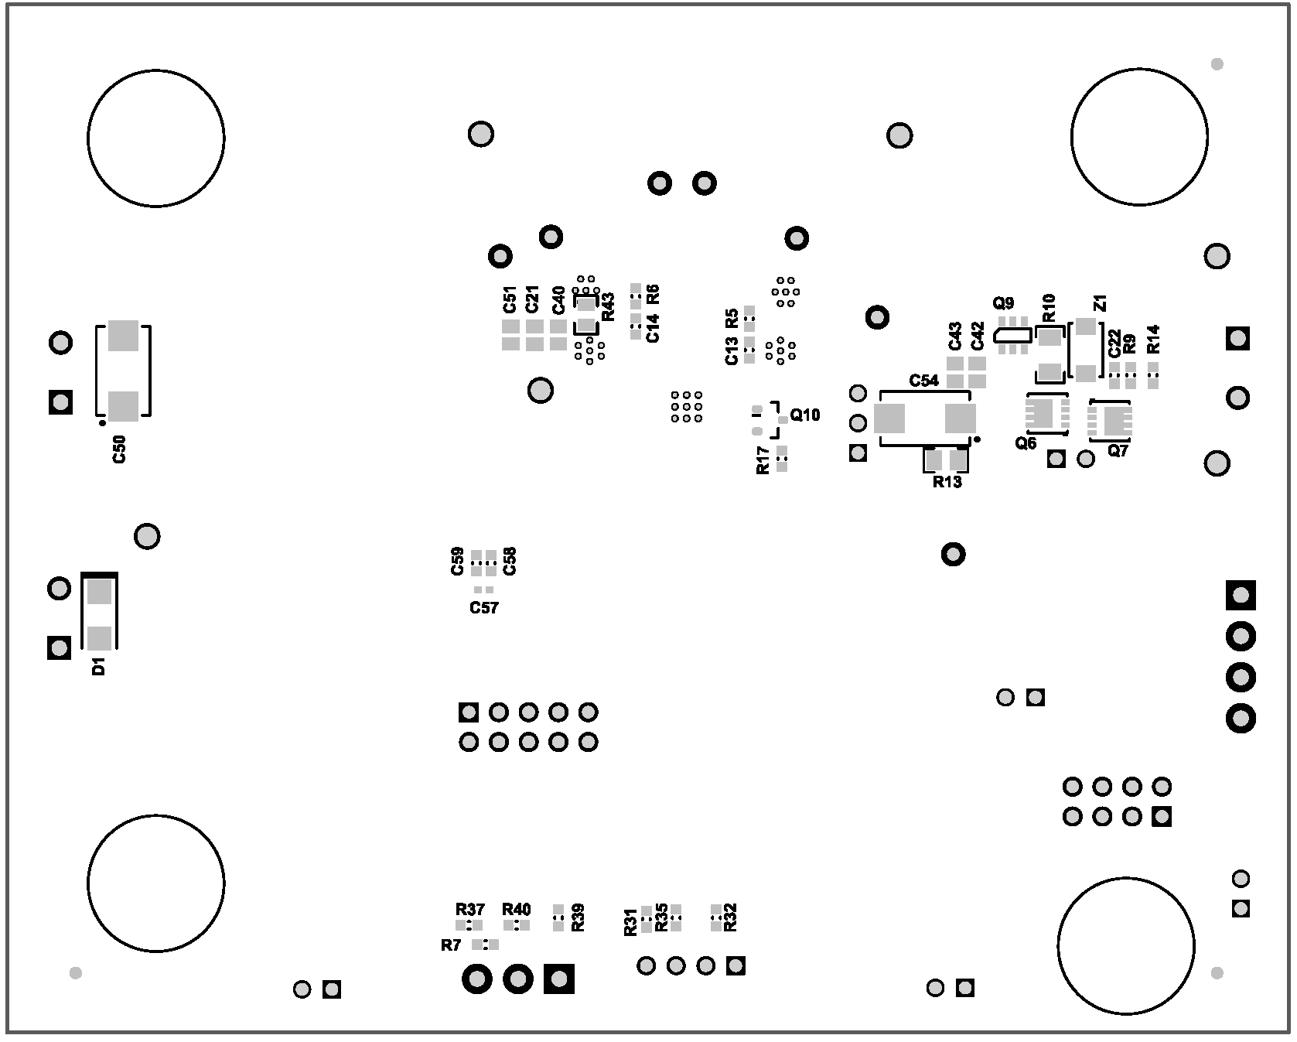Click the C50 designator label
pyautogui.click(x=119, y=449)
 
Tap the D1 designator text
pyautogui.click(x=98, y=666)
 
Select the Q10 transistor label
pyautogui.click(x=805, y=415)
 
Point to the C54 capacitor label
pyautogui.click(x=924, y=381)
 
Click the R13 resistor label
pyautogui.click(x=947, y=482)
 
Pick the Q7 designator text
pyautogui.click(x=1118, y=451)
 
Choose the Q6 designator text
pyautogui.click(x=1026, y=443)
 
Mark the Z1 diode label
pyautogui.click(x=1101, y=302)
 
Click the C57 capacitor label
pyautogui.click(x=484, y=608)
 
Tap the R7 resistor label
pyautogui.click(x=451, y=945)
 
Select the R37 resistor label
pyautogui.click(x=470, y=909)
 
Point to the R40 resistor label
pyautogui.click(x=517, y=909)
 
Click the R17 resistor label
pyautogui.click(x=763, y=460)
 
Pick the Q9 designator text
pyautogui.click(x=1003, y=302)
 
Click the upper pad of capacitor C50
pyautogui.click(x=123, y=336)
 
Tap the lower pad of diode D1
pyautogui.click(x=99, y=638)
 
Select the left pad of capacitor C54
pyautogui.click(x=889, y=419)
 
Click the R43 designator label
pyautogui.click(x=608, y=306)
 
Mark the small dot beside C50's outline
pyautogui.click(x=102, y=423)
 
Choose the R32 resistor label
pyautogui.click(x=731, y=918)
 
